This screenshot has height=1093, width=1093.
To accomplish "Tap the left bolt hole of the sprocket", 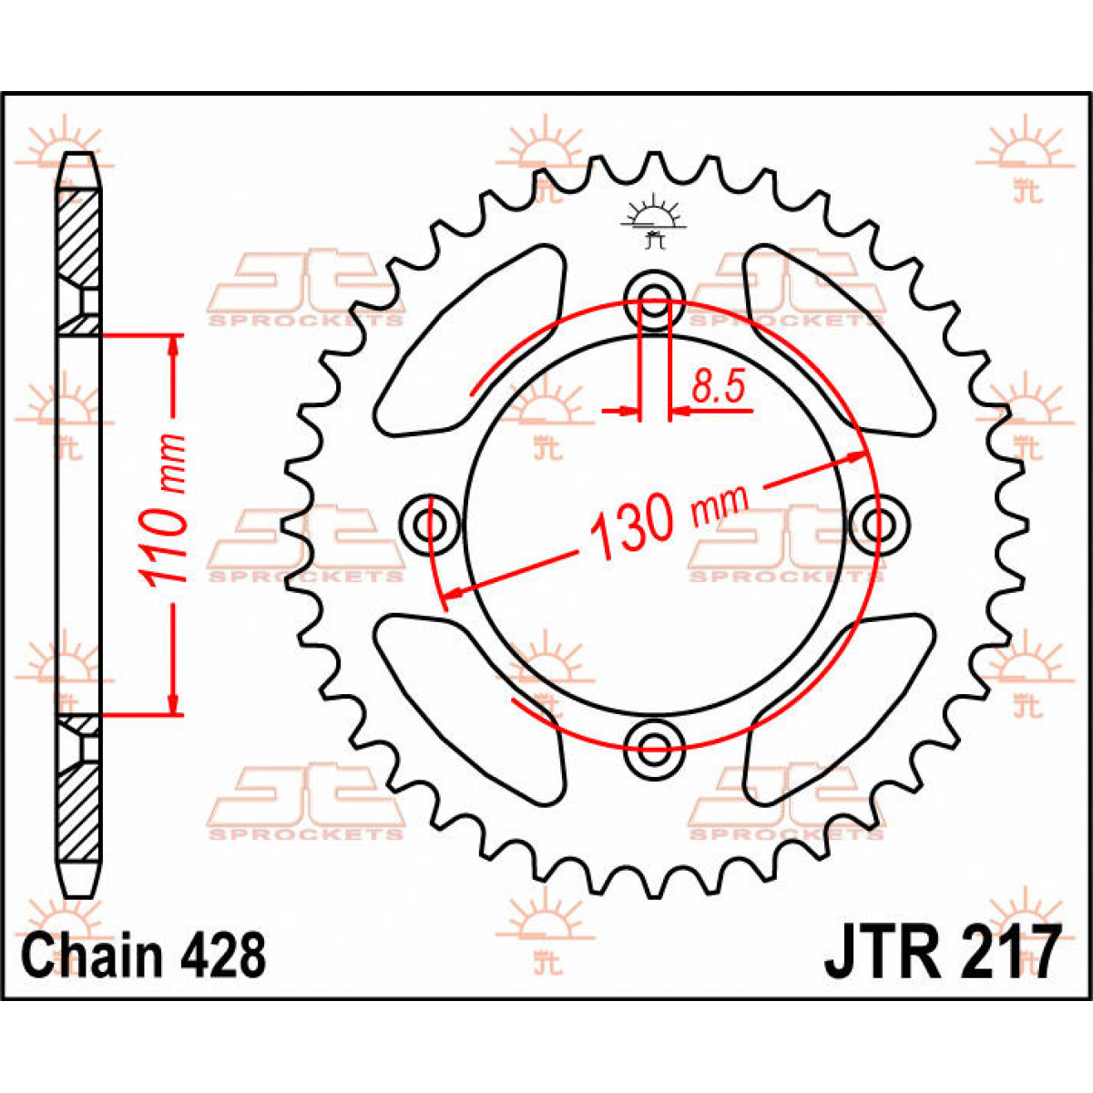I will pyautogui.click(x=428, y=525).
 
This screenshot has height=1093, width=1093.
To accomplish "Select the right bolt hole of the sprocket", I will pyautogui.click(x=880, y=525).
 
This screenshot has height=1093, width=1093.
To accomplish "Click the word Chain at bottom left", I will pyautogui.click(x=90, y=955).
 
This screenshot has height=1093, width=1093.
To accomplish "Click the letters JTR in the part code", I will pyautogui.click(x=880, y=952).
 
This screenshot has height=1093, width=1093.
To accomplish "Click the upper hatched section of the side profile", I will pyautogui.click(x=78, y=237).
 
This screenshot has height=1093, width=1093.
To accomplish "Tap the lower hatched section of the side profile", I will pyautogui.click(x=78, y=811).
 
